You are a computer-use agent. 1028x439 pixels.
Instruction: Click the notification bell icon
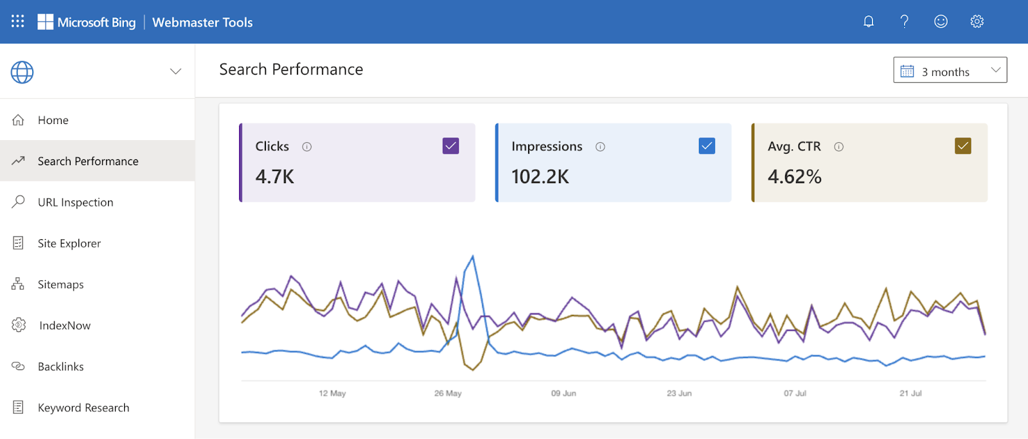point(869,22)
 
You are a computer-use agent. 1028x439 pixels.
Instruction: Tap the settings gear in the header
point(977,22)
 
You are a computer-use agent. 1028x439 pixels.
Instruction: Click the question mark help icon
point(905,22)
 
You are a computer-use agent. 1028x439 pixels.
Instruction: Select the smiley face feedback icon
point(941,22)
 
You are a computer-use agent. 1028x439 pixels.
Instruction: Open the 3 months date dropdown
point(950,71)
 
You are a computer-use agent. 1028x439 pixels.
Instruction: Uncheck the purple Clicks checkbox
point(450,146)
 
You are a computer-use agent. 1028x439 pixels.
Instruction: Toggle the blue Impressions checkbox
point(707,146)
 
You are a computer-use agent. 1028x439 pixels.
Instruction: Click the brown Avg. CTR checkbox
point(962,146)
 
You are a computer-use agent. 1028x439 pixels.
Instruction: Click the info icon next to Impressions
point(600,147)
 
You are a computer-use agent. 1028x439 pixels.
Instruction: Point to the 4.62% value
point(794,177)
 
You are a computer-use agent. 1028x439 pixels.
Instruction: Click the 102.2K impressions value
point(540,177)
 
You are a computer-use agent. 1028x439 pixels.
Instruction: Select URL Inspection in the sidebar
point(75,202)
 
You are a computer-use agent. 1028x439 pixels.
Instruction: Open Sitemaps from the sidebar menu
point(60,285)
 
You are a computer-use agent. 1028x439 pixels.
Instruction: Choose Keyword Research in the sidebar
point(83,408)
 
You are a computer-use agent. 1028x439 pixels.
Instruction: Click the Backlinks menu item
point(60,367)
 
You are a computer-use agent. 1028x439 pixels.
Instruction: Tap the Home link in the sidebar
point(53,120)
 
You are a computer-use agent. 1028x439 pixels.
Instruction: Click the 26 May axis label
point(448,393)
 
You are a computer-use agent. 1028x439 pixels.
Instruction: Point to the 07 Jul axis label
point(795,393)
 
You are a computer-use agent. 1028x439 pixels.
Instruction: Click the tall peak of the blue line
point(473,257)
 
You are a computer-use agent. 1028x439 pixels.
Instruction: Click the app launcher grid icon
point(18,22)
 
